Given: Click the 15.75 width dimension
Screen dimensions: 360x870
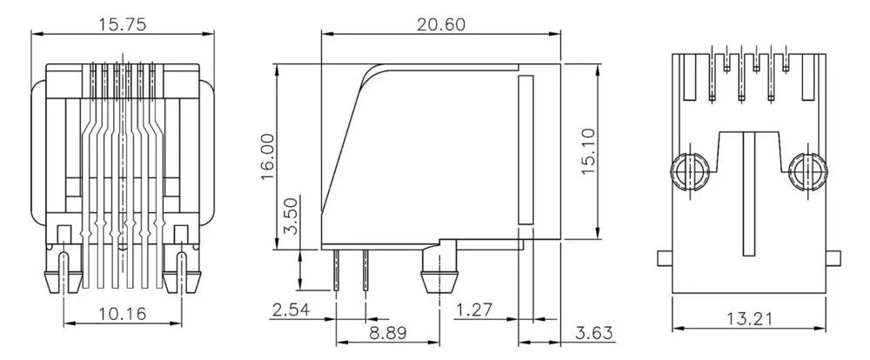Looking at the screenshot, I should (x=122, y=24).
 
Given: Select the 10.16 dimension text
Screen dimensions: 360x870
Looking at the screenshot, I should (x=123, y=312).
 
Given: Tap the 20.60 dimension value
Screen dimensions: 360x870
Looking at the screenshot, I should (x=440, y=24).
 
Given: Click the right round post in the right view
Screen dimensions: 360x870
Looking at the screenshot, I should (x=807, y=173).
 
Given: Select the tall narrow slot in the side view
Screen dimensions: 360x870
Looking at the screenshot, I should (x=525, y=150).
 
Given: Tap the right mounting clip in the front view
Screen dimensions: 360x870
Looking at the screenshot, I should (x=184, y=265).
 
